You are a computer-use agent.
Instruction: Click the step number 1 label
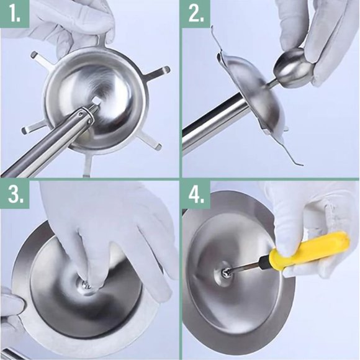pos(14,14)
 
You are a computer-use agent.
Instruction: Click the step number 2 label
pos(196,14)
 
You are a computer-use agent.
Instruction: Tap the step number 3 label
pos(15,195)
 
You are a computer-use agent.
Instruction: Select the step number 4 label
pos(196,195)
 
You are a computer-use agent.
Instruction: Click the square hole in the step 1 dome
pos(96,101)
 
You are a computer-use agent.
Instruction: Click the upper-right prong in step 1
pos(156,73)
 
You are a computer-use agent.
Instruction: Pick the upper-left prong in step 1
pos(42,59)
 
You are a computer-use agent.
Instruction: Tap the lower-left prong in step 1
pos(34,128)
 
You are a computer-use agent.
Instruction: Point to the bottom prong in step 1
pos(88,163)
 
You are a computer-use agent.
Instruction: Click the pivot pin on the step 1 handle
pos(80,114)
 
